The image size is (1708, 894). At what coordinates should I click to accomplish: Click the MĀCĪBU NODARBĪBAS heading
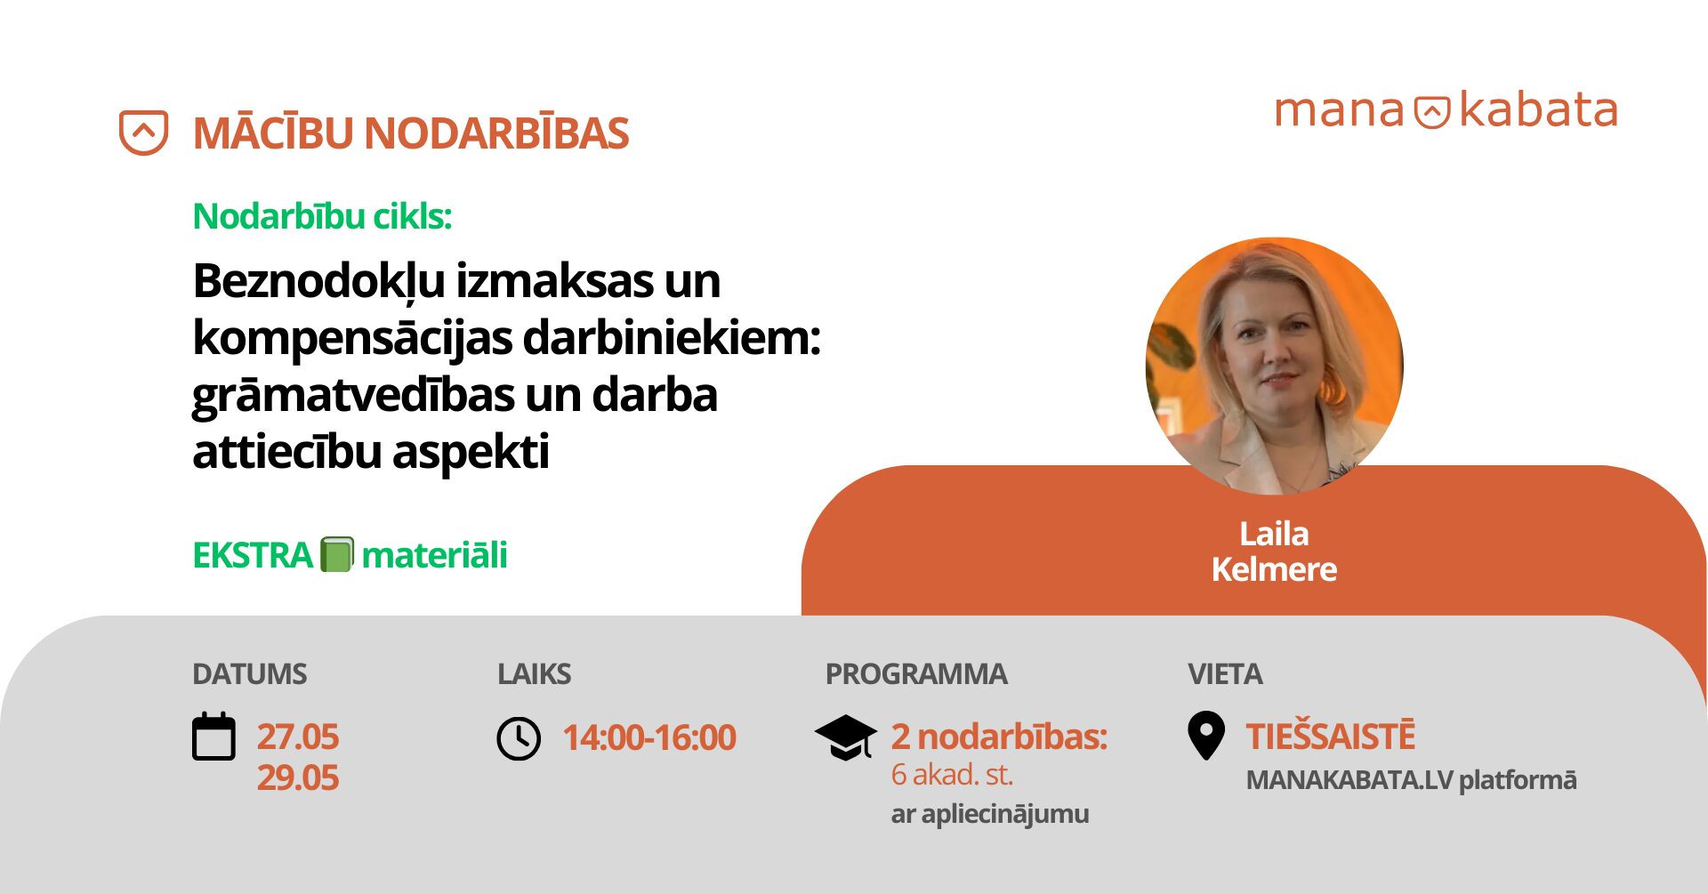point(411,133)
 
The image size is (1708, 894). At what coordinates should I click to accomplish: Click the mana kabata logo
point(1446,110)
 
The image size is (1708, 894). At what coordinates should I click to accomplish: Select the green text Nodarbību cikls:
point(322,216)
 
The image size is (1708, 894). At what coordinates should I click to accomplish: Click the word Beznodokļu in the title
point(318,281)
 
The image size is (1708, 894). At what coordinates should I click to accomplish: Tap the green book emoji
point(337,554)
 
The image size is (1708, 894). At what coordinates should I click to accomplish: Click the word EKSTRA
point(253,555)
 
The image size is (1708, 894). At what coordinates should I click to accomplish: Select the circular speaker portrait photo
point(1274,366)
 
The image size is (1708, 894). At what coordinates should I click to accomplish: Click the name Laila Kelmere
point(1274,552)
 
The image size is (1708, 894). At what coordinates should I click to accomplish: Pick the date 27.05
point(297,737)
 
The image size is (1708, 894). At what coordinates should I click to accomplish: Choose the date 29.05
point(297,777)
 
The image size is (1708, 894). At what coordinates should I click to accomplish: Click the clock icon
point(519,738)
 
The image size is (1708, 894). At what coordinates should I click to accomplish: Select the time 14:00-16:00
point(649,737)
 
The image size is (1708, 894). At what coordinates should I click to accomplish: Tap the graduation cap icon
point(845,737)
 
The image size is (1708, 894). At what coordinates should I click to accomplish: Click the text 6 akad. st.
point(952,775)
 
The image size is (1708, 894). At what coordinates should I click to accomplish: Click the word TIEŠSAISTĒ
point(1330,736)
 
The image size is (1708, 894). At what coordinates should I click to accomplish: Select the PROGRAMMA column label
point(916,674)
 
